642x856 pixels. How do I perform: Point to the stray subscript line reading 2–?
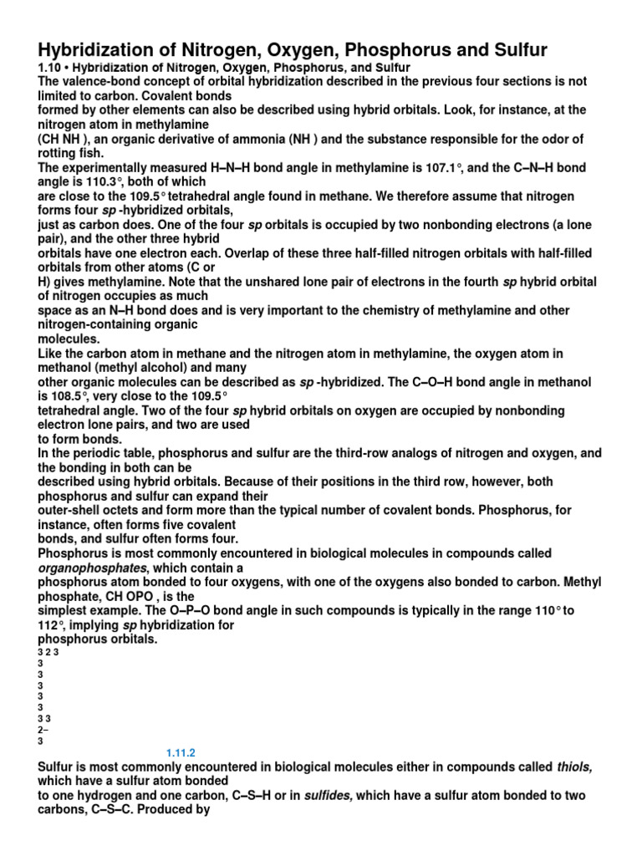pyautogui.click(x=33, y=729)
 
